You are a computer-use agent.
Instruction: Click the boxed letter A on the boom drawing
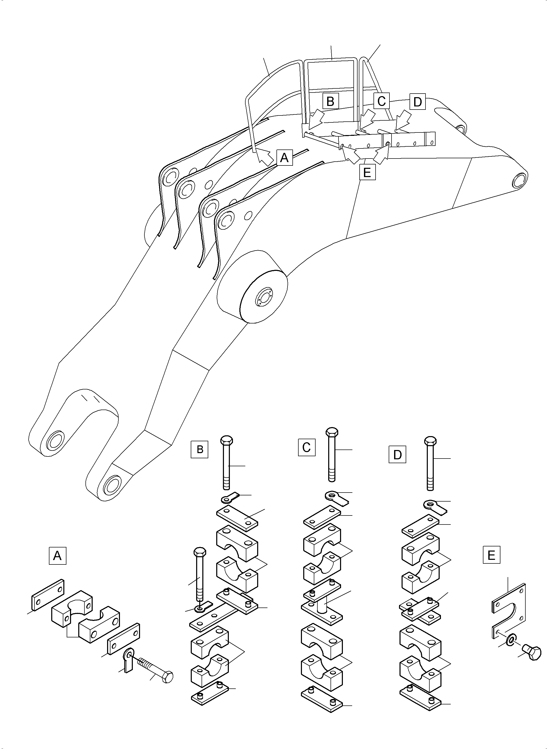[284, 157]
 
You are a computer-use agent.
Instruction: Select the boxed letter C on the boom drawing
[381, 101]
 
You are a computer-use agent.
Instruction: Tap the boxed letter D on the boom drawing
[418, 102]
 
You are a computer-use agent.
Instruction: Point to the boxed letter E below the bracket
[367, 172]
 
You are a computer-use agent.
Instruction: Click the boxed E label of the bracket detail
[491, 555]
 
